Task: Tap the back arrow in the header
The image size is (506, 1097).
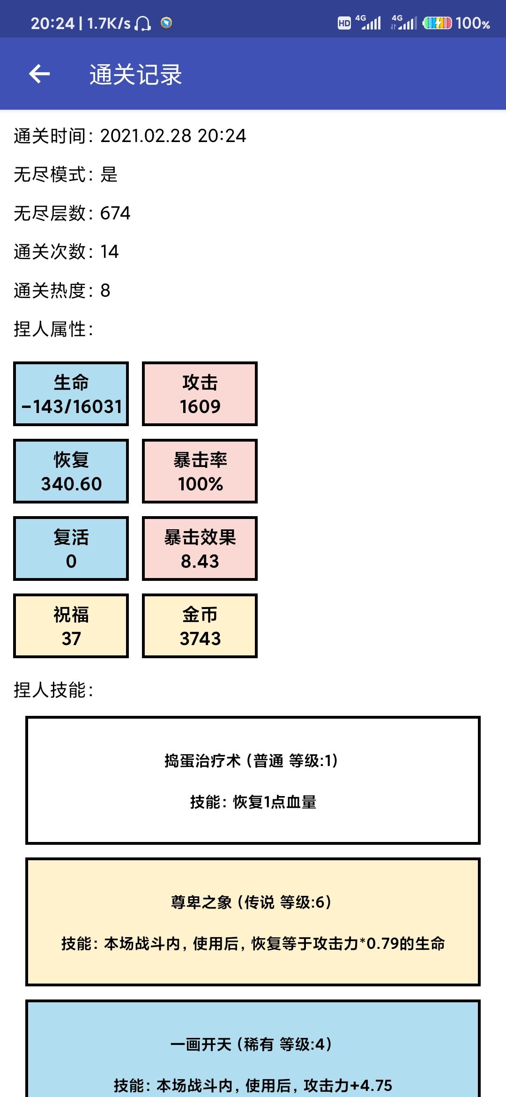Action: click(x=39, y=74)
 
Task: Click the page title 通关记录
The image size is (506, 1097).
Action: click(x=136, y=75)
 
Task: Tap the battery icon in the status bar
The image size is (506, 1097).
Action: click(x=437, y=23)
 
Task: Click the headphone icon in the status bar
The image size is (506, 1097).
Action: click(x=143, y=23)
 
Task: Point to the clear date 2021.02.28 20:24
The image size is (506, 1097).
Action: click(x=173, y=136)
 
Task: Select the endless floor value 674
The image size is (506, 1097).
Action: click(x=115, y=213)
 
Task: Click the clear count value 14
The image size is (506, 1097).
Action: click(x=110, y=252)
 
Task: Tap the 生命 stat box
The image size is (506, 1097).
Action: click(x=71, y=394)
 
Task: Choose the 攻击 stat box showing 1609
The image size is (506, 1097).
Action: click(x=200, y=394)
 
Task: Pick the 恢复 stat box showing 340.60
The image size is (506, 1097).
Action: click(x=71, y=471)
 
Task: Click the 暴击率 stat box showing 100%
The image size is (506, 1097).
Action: click(x=200, y=471)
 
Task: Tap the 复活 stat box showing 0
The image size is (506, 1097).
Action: click(x=71, y=548)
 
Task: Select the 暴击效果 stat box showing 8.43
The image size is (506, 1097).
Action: click(x=200, y=548)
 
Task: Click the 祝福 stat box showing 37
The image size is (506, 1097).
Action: click(x=71, y=626)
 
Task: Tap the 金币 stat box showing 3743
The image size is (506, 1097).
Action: click(x=200, y=626)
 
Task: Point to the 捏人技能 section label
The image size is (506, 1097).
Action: click(x=53, y=690)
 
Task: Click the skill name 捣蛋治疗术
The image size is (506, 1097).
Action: click(x=202, y=760)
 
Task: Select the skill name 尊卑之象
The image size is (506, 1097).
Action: click(x=201, y=902)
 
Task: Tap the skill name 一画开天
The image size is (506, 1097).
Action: click(x=201, y=1044)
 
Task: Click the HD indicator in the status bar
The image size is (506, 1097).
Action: click(x=344, y=23)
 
